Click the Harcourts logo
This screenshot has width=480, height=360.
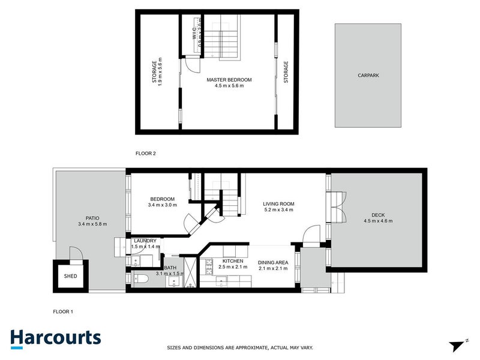point(55,337)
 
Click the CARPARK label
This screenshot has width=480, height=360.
point(368,76)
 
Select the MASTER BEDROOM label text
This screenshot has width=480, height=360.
point(229,80)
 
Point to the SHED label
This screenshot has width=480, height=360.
point(71,276)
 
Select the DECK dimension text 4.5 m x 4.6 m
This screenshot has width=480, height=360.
point(378,221)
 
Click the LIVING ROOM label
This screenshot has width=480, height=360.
point(278,205)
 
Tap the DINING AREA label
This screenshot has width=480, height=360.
point(272,262)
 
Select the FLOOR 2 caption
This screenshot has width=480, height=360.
point(146,154)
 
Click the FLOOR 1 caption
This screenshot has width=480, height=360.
point(63,311)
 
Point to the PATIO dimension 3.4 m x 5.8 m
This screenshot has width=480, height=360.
point(92,224)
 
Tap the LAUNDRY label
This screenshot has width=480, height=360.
point(145,241)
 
